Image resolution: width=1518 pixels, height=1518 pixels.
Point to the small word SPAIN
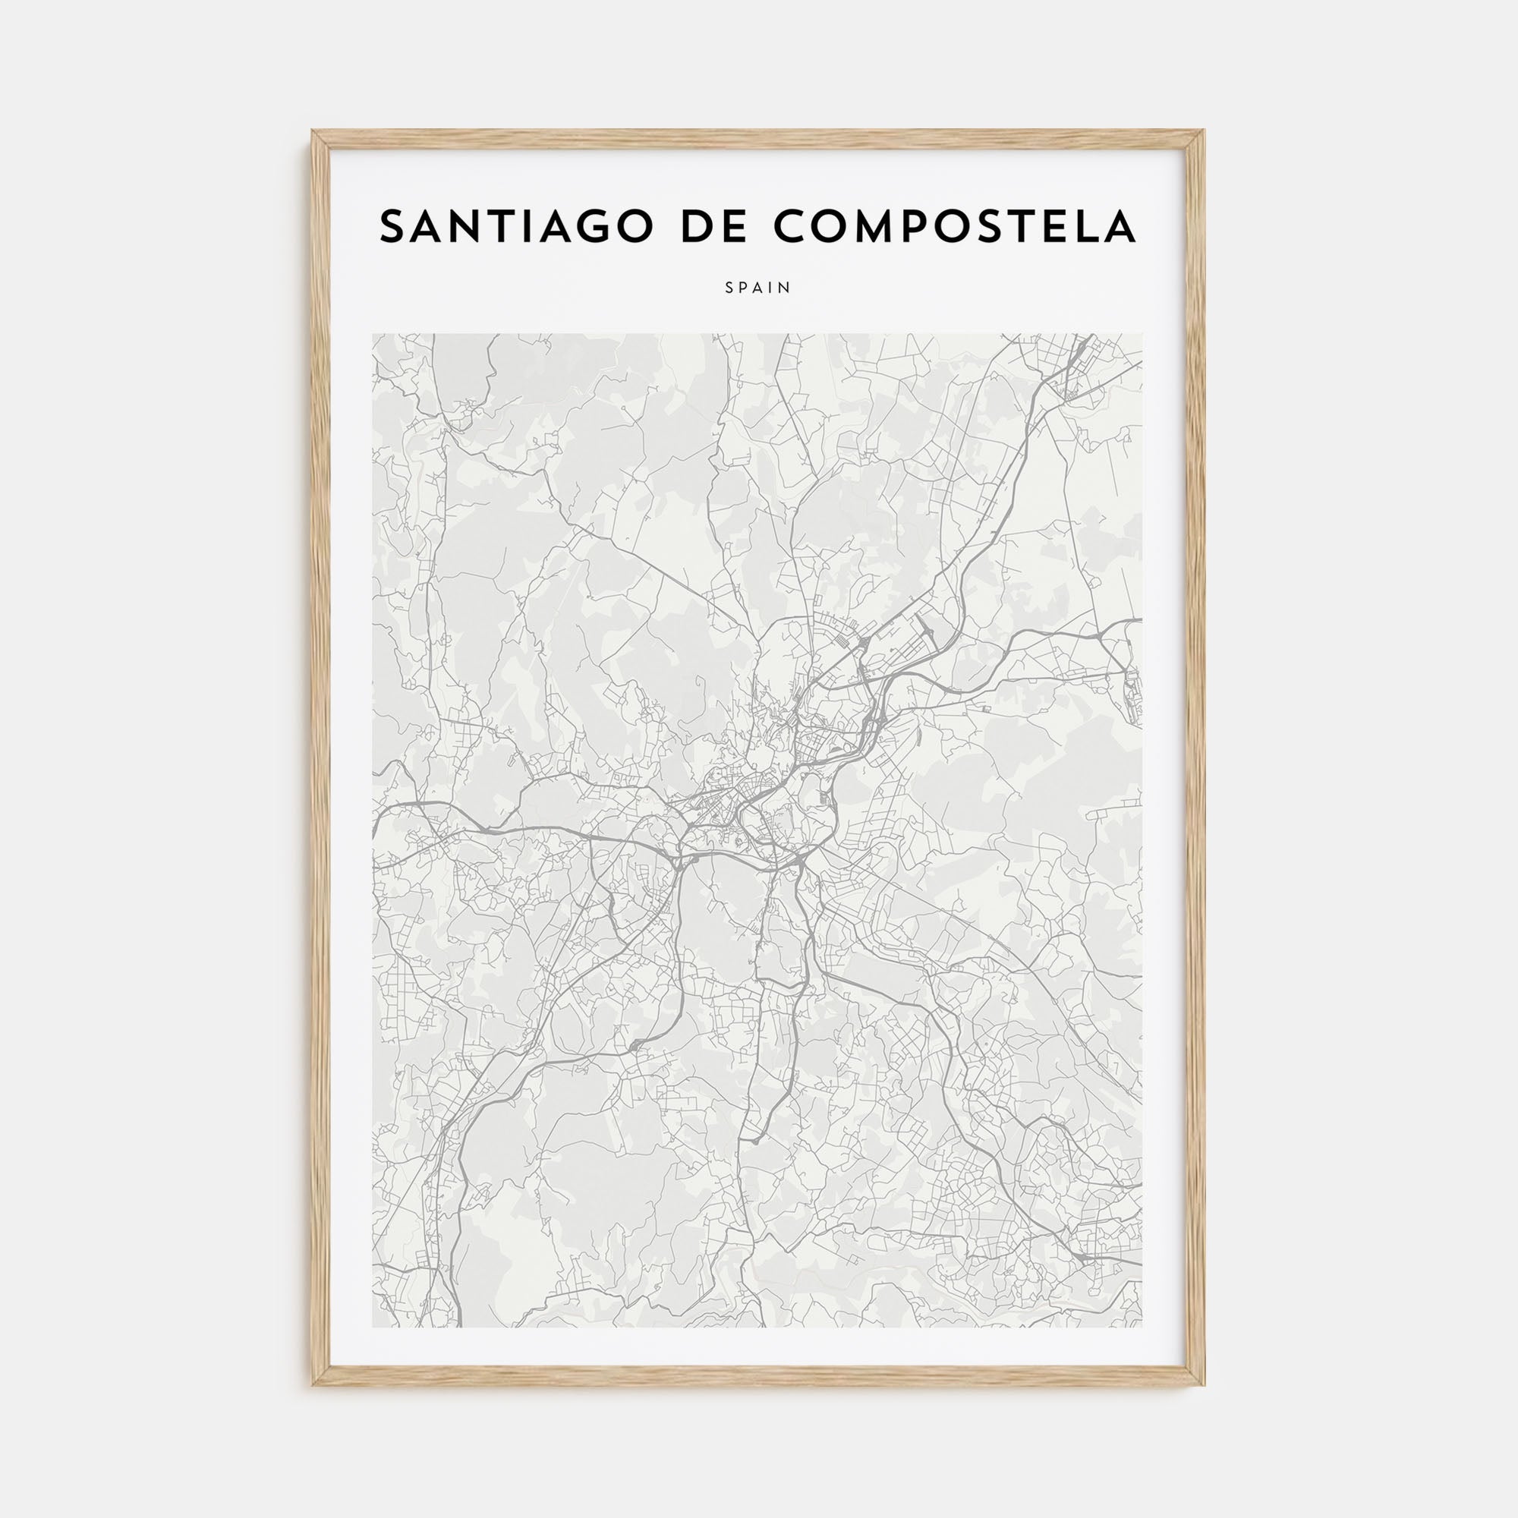click(758, 288)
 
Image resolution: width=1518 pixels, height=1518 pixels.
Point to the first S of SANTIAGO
click(392, 227)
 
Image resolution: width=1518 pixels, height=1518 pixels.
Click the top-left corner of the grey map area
click(373, 334)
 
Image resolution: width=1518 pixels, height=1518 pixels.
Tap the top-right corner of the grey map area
click(1143, 334)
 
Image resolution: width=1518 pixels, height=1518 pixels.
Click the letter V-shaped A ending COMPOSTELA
click(1120, 227)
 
